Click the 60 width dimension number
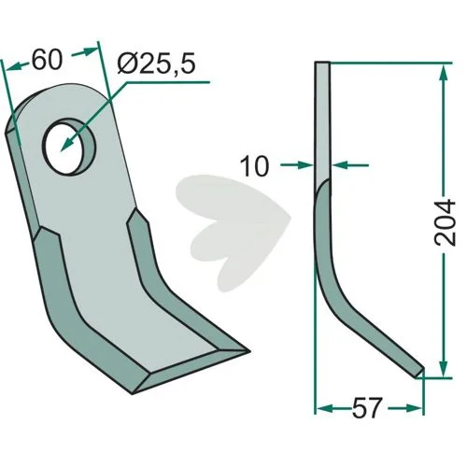[48, 60]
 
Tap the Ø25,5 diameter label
[157, 64]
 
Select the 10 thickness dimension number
[255, 166]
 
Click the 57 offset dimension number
[366, 407]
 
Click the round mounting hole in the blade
[69, 147]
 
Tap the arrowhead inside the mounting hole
[67, 145]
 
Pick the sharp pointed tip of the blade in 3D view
[249, 352]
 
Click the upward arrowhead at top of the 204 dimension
[444, 76]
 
